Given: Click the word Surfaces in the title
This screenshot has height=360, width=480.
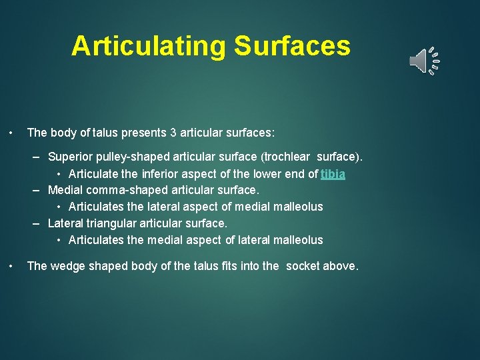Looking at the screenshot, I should click(x=291, y=46).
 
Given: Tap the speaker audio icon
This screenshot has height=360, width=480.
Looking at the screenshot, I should click(x=424, y=61).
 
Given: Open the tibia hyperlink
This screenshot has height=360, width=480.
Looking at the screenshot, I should click(x=333, y=174).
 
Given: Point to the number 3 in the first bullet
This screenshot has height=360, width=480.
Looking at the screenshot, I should click(x=173, y=133).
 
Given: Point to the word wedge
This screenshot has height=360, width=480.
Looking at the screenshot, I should click(x=67, y=266).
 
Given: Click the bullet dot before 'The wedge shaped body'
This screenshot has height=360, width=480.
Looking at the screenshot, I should click(x=11, y=266).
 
